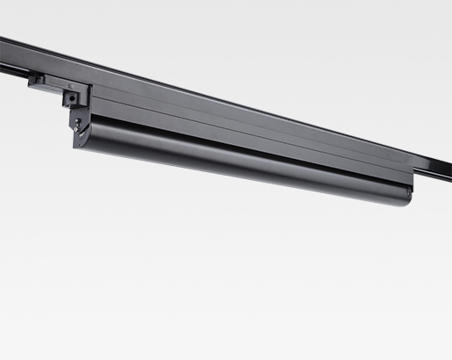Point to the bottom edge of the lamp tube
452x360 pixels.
tap(246, 178)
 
